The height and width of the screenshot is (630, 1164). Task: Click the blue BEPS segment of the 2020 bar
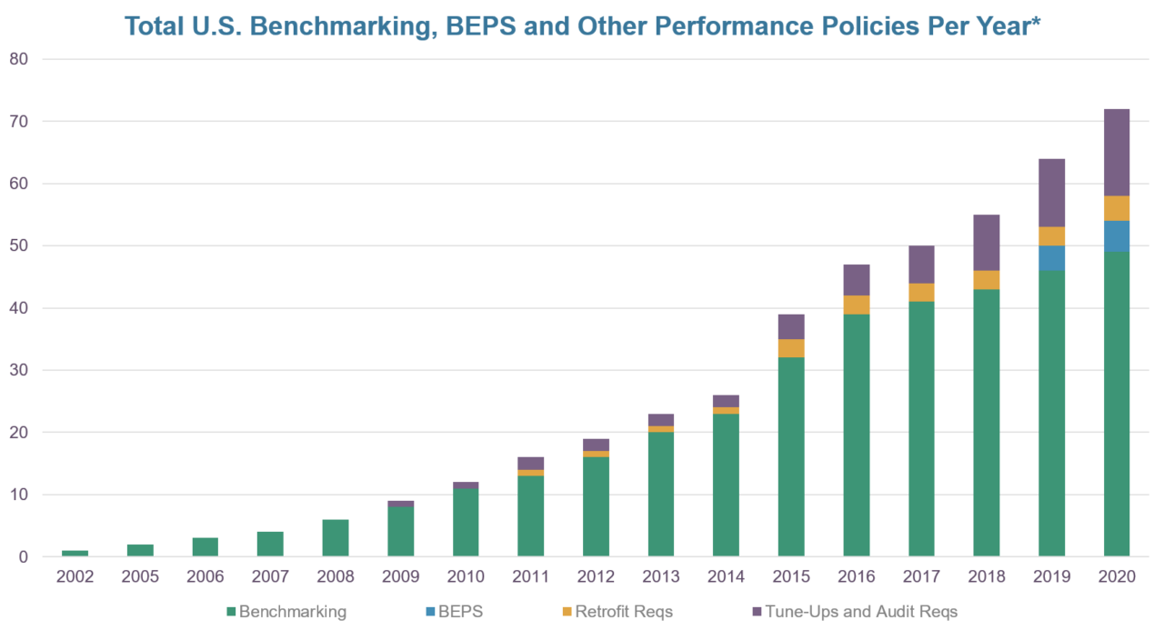[x=1117, y=236]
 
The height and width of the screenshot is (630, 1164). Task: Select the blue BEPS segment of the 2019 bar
[x=1051, y=258]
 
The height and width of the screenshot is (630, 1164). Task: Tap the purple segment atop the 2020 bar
[x=1117, y=152]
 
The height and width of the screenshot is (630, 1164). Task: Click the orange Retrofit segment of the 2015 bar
[x=791, y=348]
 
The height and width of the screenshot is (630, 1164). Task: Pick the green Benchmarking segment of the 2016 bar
[x=857, y=435]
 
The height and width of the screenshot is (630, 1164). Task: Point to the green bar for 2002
[x=75, y=553]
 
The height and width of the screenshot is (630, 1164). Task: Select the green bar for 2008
[x=336, y=537]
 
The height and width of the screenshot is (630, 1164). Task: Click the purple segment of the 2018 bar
[x=987, y=243]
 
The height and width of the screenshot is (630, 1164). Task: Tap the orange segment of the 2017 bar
[x=921, y=293]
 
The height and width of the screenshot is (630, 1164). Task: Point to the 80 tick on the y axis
[x=19, y=60]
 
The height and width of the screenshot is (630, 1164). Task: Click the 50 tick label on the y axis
[x=19, y=246]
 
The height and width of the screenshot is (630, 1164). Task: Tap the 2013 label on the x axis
[x=661, y=576]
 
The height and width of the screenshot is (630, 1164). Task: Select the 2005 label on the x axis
[x=140, y=576]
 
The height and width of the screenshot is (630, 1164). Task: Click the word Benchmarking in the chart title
[x=313, y=26]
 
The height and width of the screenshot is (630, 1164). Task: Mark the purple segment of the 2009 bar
[x=401, y=504]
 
